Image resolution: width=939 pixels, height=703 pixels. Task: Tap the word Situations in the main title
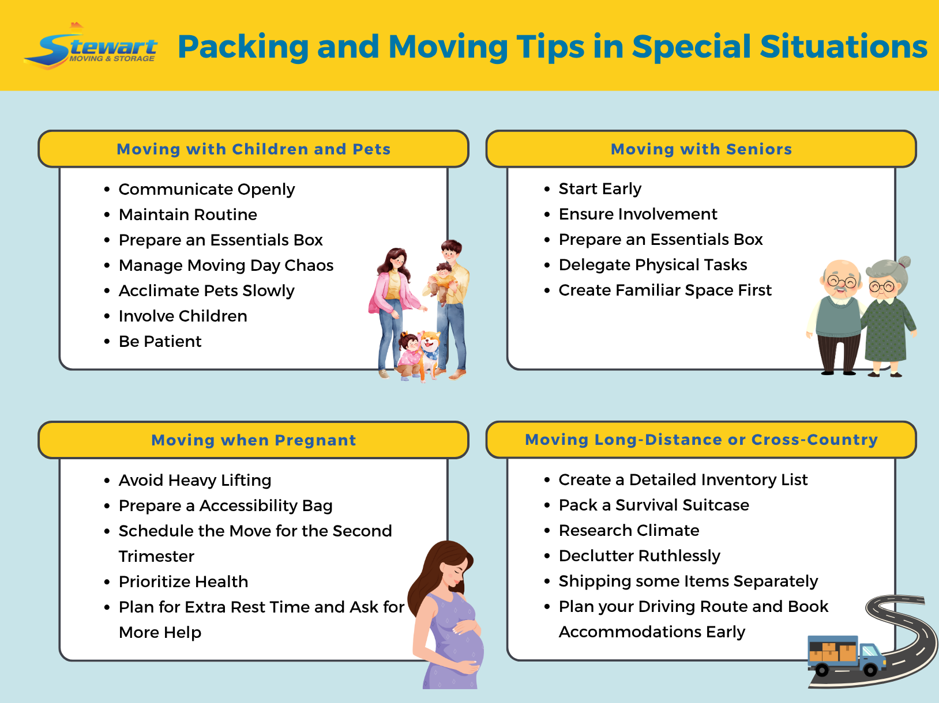coord(843,47)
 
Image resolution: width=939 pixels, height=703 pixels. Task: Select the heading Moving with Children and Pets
coord(253,149)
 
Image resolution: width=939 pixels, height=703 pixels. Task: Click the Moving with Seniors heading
coord(701,149)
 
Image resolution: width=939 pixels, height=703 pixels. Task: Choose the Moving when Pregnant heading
coord(253,440)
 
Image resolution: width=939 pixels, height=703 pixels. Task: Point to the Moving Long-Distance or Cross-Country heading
coord(701,440)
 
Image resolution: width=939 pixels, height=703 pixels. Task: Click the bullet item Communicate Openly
coord(206,189)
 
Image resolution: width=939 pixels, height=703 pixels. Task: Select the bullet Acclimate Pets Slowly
coord(206,290)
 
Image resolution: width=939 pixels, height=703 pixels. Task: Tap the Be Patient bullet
coord(160,341)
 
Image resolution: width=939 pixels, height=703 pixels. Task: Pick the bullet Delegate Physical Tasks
coord(652,264)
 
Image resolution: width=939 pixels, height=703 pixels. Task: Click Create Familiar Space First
coord(664,290)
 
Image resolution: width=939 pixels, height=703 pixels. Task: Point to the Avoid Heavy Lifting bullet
coord(194,480)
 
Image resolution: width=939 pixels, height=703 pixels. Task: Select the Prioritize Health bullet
coord(183,581)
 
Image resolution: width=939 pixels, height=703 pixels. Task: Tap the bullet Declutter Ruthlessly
coord(639,555)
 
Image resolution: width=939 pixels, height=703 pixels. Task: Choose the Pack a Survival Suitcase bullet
coord(653,505)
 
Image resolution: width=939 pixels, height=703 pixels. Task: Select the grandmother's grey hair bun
coord(904,262)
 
